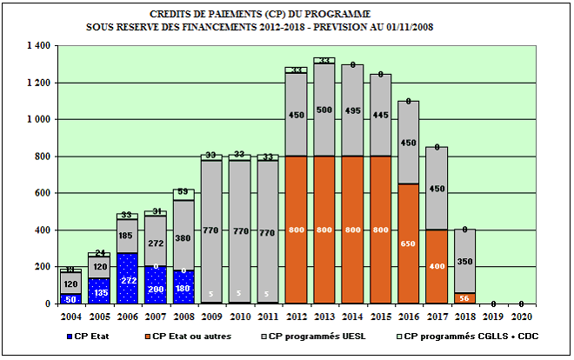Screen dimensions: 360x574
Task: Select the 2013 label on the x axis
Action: point(326,316)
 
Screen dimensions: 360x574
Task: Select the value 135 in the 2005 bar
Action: point(100,293)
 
